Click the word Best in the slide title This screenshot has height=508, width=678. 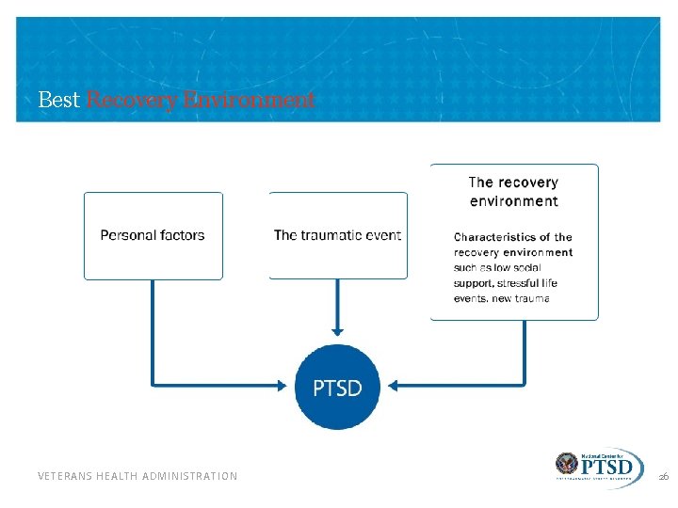point(59,100)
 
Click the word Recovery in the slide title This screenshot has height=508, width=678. point(130,100)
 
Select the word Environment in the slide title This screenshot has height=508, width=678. point(246,100)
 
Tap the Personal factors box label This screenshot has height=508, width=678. point(153,235)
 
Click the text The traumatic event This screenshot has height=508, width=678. point(337,235)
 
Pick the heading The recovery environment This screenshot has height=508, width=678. point(513,191)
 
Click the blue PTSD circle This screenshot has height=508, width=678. point(336,387)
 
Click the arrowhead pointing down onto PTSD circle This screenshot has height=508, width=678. point(337,330)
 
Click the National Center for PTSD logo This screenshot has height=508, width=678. point(600,468)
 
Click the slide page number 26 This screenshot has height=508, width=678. point(663,477)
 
